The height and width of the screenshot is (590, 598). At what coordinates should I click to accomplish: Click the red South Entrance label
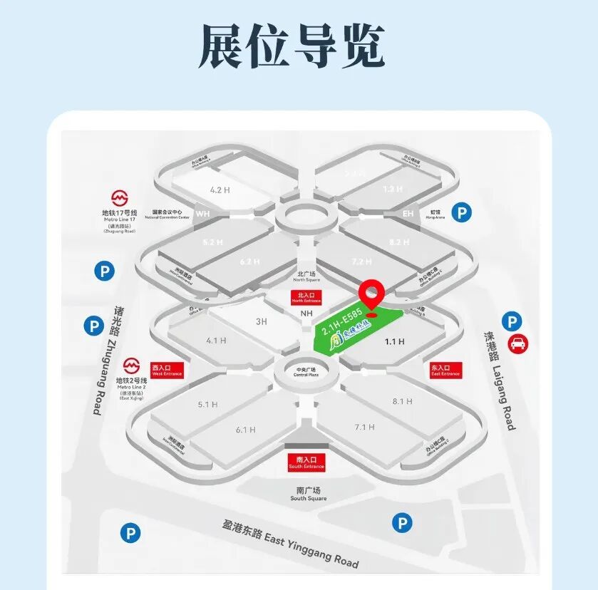pos(306,462)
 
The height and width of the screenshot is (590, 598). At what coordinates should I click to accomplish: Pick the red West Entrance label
pos(167,371)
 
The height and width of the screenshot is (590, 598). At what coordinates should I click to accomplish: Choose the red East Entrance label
pos(445,371)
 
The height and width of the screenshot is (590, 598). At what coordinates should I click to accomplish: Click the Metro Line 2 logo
pos(130,366)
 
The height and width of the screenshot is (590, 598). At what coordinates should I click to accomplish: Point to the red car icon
pos(518,343)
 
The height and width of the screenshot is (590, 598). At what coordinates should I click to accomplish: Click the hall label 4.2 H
pos(220,190)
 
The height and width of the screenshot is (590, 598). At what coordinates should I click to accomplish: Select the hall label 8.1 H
pos(403,401)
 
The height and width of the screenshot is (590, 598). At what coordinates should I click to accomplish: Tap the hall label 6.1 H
pos(246,430)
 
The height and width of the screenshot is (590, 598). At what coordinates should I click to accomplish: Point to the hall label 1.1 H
pos(394,342)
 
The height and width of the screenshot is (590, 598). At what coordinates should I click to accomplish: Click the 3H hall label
pos(262,321)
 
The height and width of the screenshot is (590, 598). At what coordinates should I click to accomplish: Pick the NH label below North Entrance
pos(307,314)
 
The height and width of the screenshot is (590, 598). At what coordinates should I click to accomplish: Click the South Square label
pos(309,495)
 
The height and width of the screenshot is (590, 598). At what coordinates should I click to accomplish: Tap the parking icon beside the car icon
pos(512,321)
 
